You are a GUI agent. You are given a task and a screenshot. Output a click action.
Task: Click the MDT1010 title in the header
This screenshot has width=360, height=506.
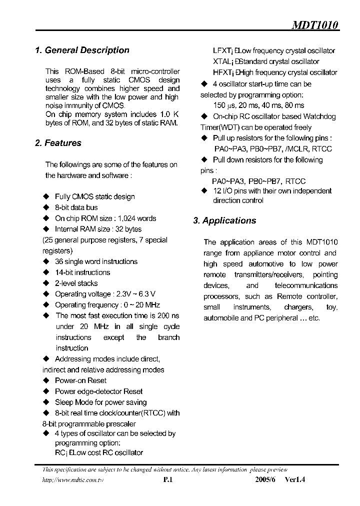(x=315, y=25)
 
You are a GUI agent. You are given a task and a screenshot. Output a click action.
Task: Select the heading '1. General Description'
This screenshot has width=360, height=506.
(x=82, y=50)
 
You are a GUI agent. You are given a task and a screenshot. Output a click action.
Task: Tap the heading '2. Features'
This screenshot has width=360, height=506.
(x=58, y=143)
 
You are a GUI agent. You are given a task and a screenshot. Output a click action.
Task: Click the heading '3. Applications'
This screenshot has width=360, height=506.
(x=224, y=220)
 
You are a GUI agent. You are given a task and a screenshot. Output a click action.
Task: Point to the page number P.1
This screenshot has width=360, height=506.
(x=167, y=479)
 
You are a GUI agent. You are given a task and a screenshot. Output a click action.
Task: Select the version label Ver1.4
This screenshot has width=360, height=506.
(x=294, y=479)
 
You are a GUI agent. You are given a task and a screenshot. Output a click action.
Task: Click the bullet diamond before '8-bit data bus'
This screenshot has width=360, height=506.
(x=46, y=207)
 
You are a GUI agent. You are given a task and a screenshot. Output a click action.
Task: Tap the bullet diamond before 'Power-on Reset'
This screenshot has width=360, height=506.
(x=46, y=381)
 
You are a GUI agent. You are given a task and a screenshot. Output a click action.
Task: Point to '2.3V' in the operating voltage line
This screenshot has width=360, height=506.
(x=123, y=294)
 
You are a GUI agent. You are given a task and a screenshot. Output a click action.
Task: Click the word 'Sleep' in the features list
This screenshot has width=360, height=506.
(x=64, y=402)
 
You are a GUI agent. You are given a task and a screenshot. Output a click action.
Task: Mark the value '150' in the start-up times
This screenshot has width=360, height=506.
(x=219, y=105)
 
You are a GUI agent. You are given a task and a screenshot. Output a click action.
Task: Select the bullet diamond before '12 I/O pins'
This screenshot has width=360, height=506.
(x=204, y=191)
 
